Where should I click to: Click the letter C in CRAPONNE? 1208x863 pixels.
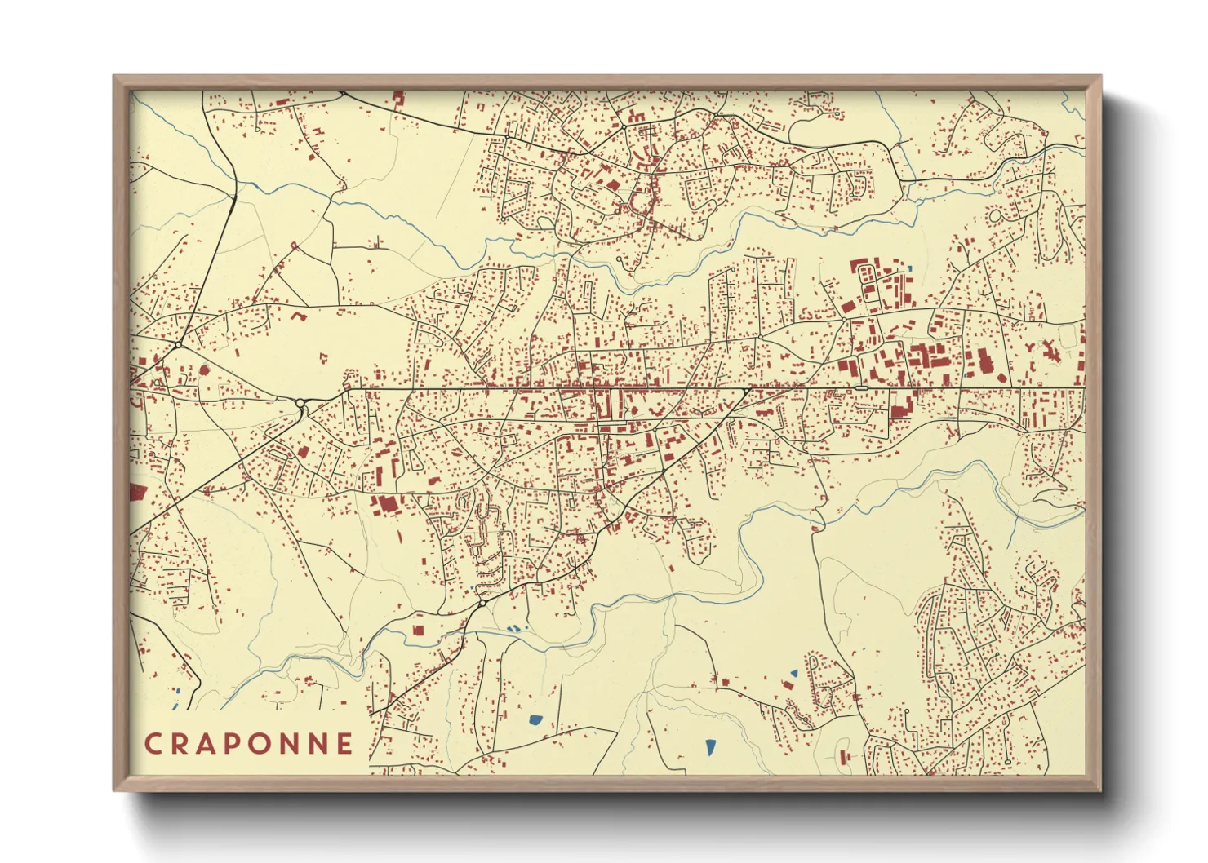point(152,743)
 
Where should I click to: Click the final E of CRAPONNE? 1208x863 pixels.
point(344,743)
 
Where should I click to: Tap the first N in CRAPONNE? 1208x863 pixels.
point(291,743)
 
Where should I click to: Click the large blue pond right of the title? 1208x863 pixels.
point(535,719)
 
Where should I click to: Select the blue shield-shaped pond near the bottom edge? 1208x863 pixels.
point(710,746)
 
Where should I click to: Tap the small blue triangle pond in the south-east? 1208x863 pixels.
point(793,674)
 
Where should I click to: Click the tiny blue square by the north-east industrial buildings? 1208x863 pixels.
point(909,268)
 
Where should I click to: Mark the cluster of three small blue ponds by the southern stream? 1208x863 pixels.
point(514,629)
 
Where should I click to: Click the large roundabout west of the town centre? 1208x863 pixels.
point(300,403)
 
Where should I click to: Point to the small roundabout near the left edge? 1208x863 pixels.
point(177,346)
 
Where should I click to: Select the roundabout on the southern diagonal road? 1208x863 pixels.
point(482,604)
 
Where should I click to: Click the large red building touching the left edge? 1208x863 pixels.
point(136,492)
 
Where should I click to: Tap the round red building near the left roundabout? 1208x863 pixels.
point(203,370)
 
